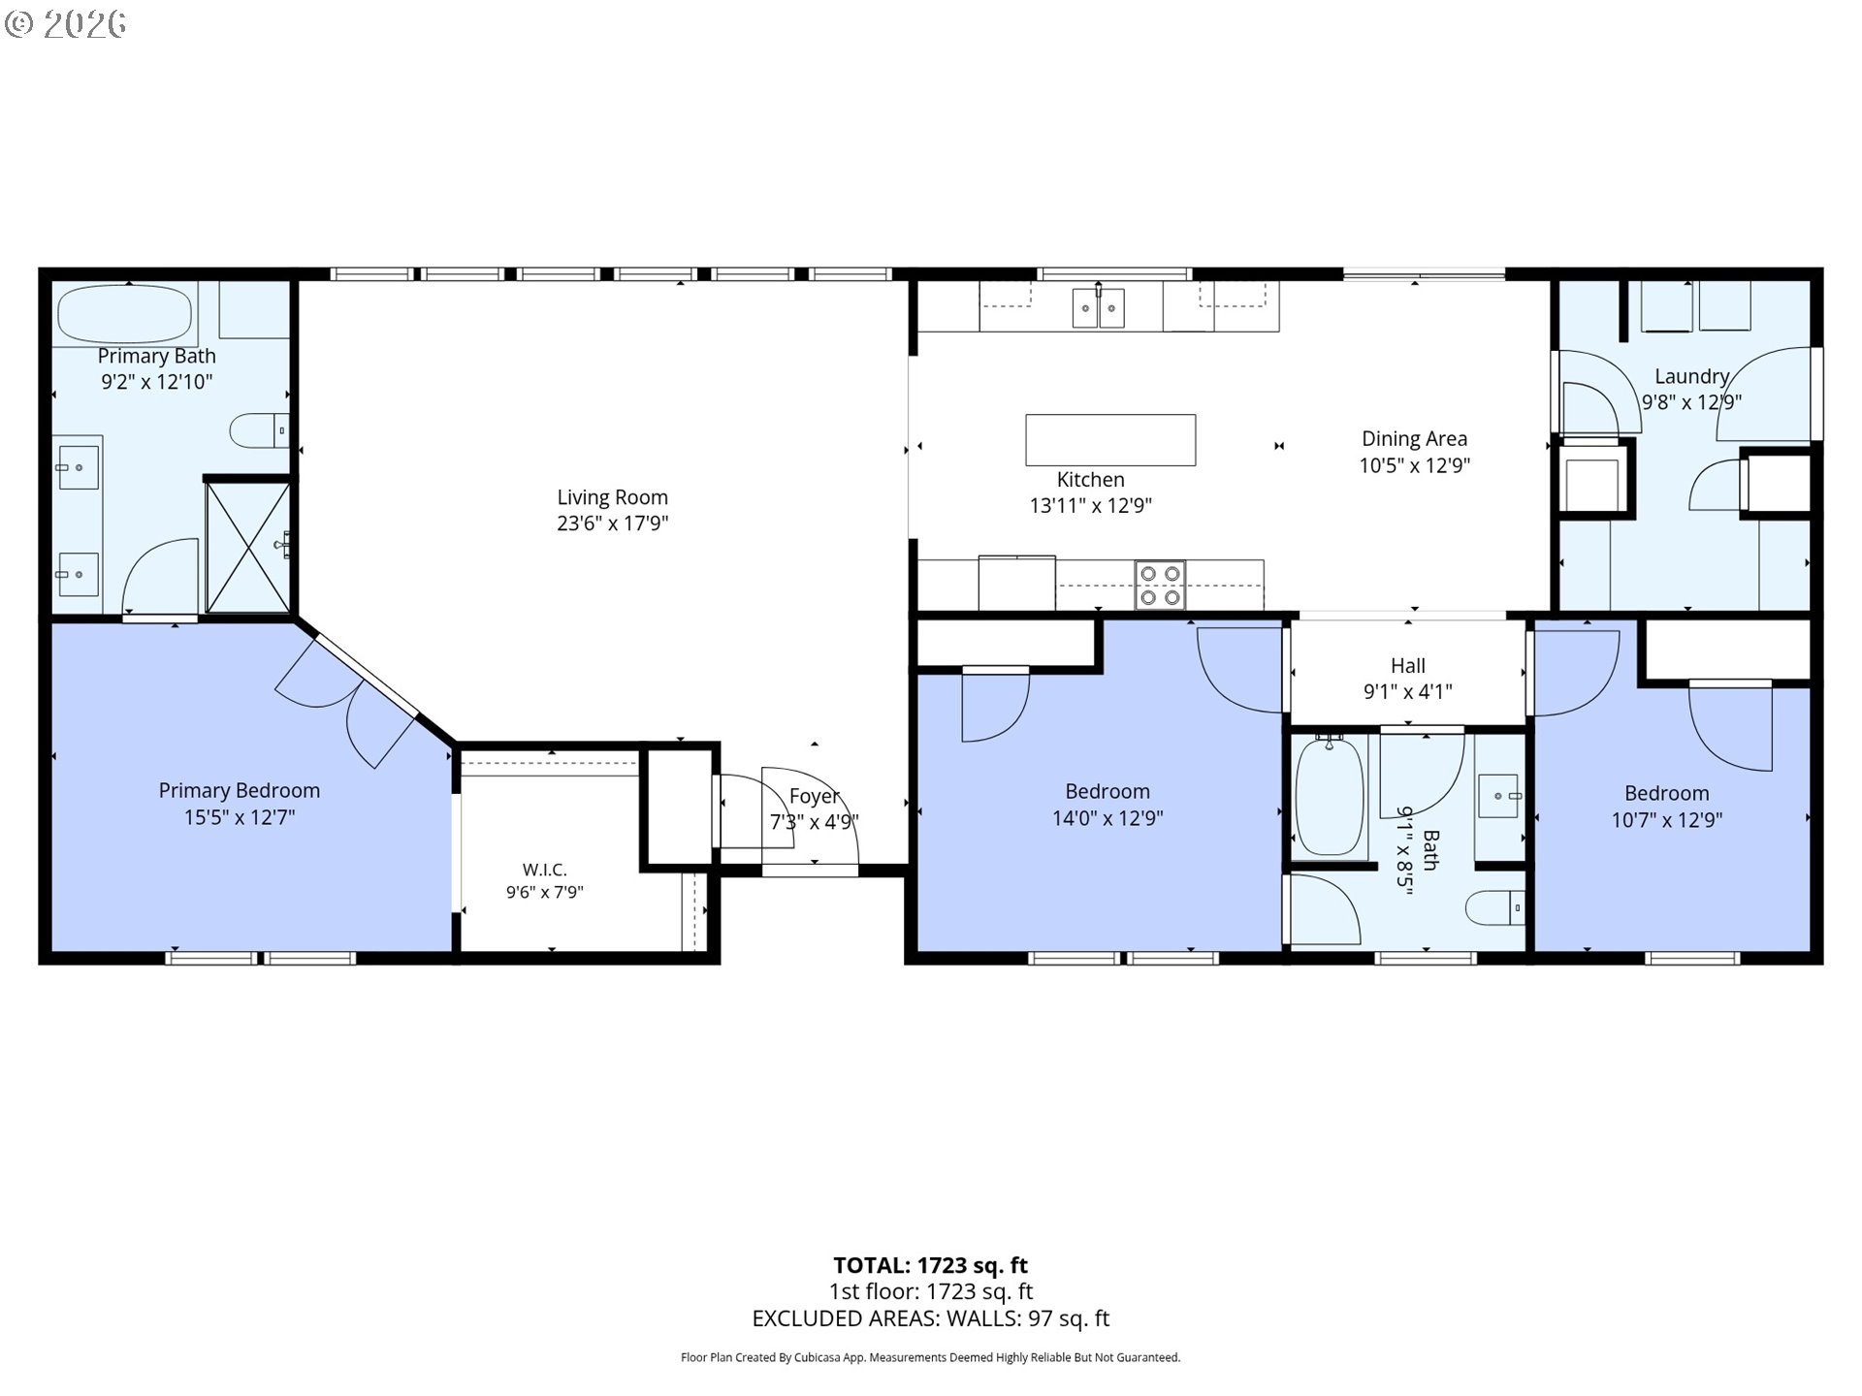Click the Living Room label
pos(612,497)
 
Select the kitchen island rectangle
pos(1110,440)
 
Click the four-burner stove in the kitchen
pos(1160,585)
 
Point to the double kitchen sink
pos(1099,309)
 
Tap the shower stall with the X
pos(248,548)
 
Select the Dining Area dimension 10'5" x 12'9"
pos(1414,465)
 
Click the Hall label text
pos(1408,665)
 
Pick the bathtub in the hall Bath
pos(1330,796)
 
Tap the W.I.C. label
pos(544,870)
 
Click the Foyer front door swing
pos(810,814)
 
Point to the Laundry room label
pos(1691,376)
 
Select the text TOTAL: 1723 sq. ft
pos(931,1265)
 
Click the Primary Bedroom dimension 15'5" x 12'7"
pos(240,817)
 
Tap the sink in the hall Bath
pos(1499,796)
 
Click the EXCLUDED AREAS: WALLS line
pos(931,1318)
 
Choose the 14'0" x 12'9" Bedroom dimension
pos(1108,818)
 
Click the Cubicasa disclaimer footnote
pos(931,1358)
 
